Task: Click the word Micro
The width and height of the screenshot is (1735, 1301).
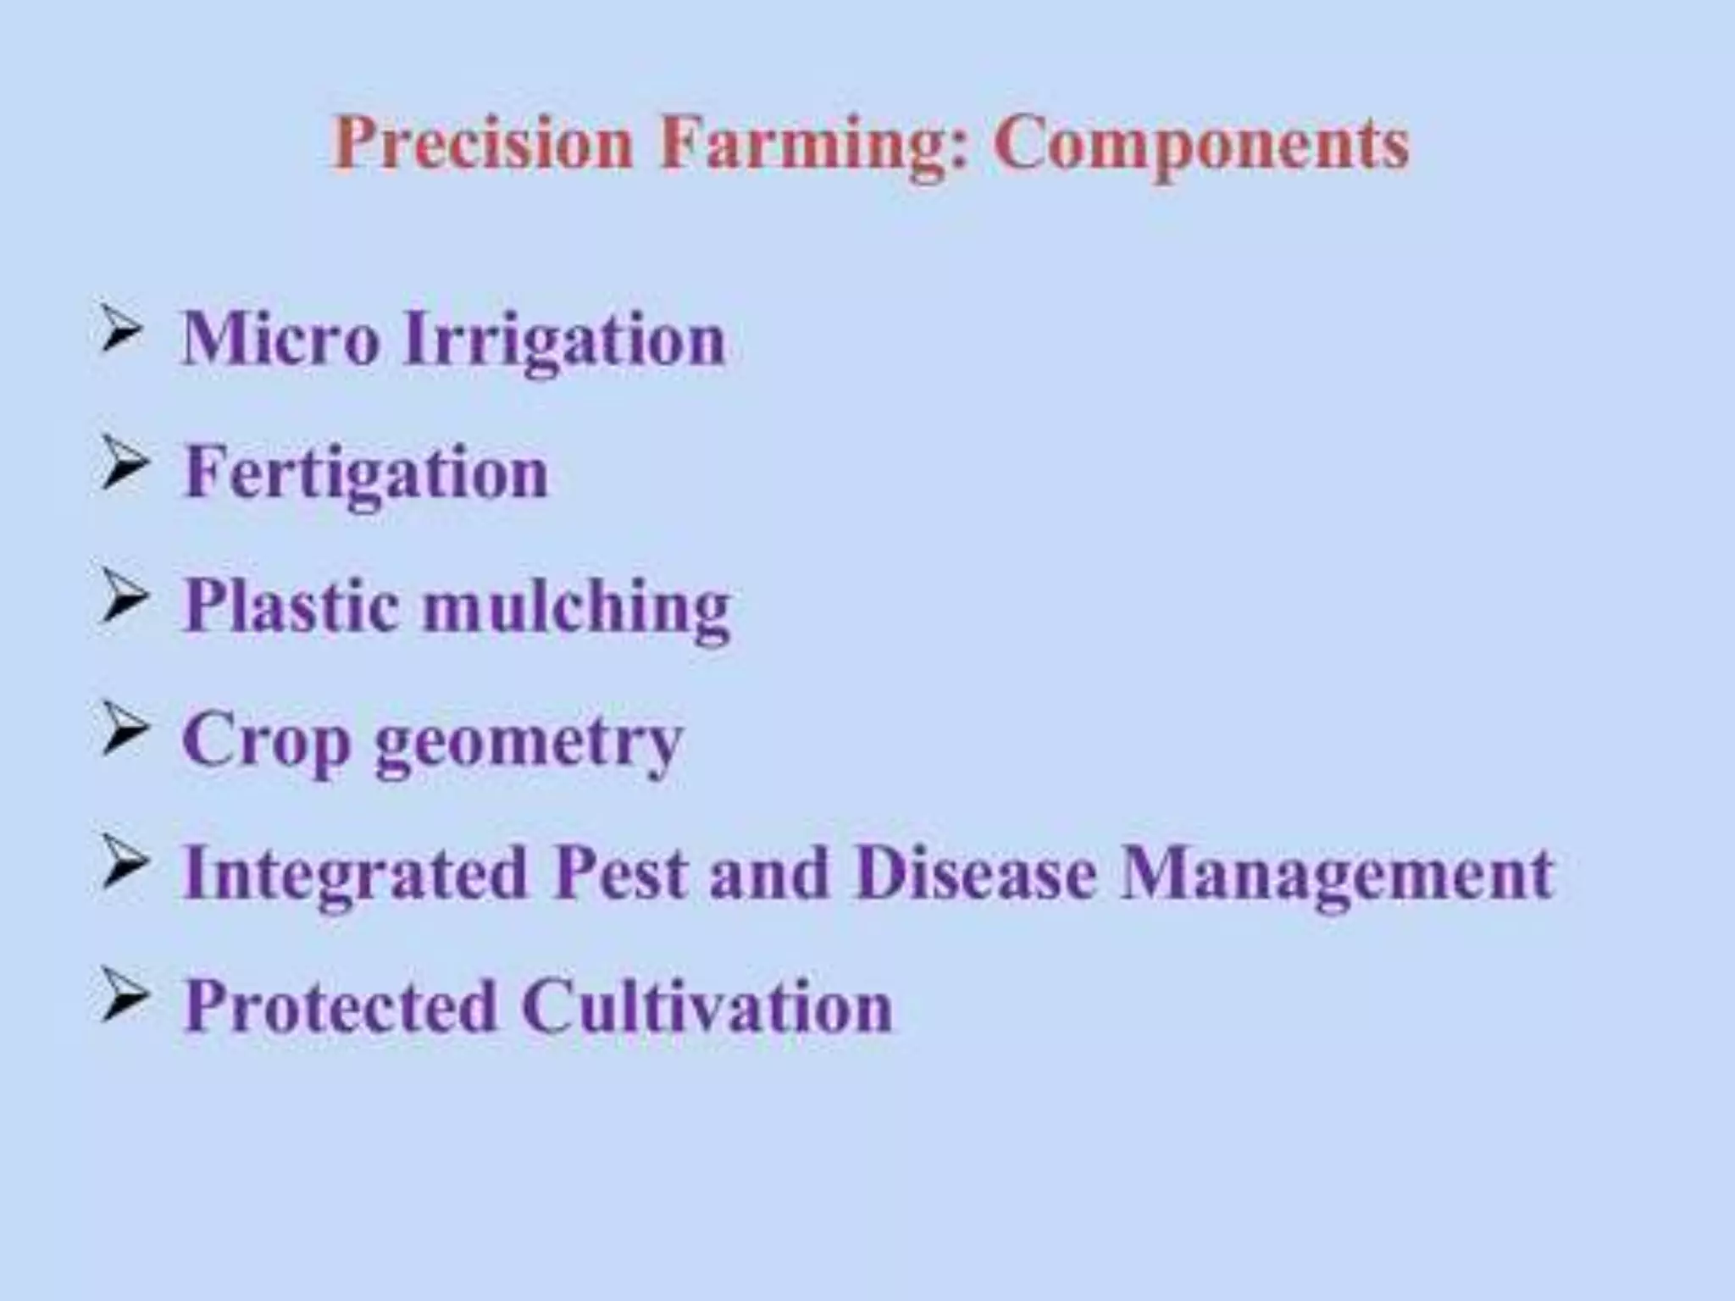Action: pos(280,339)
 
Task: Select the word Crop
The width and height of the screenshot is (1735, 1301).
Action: pos(266,740)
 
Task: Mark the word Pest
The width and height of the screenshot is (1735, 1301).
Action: pos(619,872)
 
